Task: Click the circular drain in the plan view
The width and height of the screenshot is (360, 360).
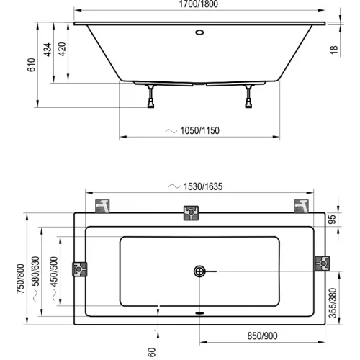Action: point(199,271)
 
